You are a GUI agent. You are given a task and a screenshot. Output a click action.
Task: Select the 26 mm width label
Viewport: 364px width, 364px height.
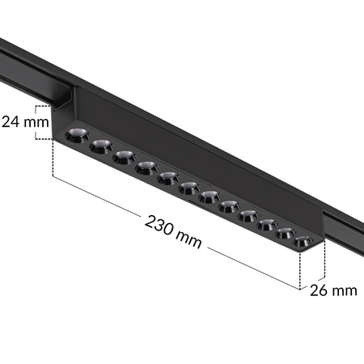332,290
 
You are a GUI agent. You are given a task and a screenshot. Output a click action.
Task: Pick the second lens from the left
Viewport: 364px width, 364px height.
100,146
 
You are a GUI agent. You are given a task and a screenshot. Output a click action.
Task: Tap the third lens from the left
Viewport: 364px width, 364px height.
123,157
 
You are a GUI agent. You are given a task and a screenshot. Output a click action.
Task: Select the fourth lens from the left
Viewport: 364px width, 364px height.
146,167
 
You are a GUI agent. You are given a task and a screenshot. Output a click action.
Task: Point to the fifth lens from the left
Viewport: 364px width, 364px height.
167,177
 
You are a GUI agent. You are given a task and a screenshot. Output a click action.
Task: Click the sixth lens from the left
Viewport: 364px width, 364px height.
189,188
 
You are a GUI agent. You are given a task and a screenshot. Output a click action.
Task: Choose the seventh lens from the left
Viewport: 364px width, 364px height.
209,197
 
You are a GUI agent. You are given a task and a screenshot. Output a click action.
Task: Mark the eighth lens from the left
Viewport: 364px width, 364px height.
229,205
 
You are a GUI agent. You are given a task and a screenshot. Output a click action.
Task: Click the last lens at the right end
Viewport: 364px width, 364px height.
303,241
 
